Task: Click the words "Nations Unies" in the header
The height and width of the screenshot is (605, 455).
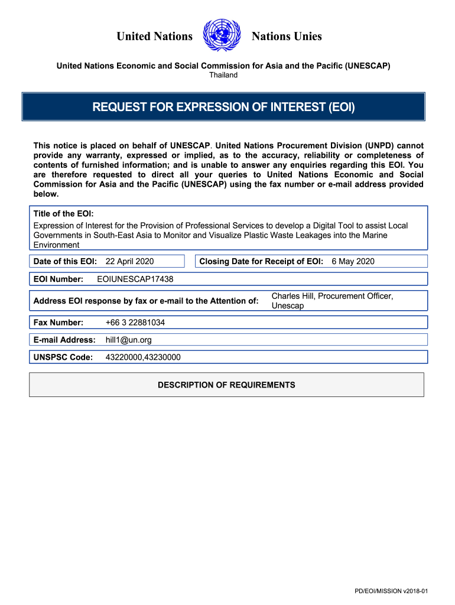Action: [287, 37]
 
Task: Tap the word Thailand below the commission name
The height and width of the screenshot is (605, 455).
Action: [223, 75]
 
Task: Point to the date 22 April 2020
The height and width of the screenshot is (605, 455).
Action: [129, 261]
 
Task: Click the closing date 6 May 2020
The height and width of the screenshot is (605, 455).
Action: [353, 261]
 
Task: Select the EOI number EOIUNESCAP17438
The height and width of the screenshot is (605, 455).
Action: [135, 279]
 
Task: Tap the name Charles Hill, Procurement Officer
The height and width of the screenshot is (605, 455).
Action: [332, 296]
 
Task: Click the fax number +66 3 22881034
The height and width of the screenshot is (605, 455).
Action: [135, 323]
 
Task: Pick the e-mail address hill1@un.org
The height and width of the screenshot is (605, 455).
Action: [129, 340]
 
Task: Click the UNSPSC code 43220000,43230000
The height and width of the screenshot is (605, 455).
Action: [143, 357]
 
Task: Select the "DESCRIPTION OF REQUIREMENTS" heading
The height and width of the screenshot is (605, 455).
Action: [226, 385]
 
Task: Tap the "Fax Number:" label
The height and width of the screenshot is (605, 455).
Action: [58, 323]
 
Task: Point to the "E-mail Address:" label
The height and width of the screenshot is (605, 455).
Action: [64, 340]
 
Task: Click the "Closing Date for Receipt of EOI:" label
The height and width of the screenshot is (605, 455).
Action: [261, 261]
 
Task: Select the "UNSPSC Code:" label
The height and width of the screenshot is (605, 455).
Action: [63, 357]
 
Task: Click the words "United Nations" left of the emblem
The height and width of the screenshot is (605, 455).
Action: [154, 37]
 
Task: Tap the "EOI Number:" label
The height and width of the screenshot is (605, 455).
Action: [58, 279]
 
